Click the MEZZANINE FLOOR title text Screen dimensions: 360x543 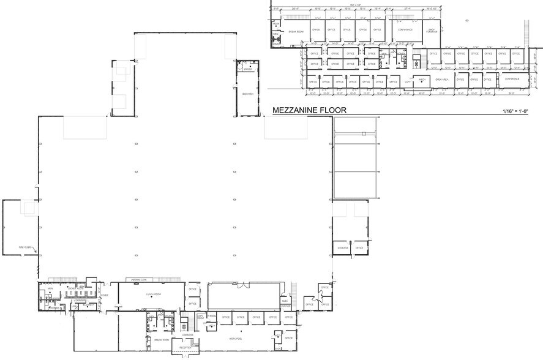(x=309, y=110)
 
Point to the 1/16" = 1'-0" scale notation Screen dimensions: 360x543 (x=519, y=111)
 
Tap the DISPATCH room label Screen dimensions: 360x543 (x=248, y=94)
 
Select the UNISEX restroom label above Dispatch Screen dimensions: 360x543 (x=248, y=70)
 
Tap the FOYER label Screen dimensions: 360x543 (x=105, y=294)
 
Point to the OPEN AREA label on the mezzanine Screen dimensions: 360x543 (x=442, y=80)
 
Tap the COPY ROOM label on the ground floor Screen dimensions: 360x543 (x=200, y=317)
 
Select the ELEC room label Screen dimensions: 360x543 (x=285, y=301)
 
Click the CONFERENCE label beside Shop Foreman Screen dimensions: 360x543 (x=405, y=29)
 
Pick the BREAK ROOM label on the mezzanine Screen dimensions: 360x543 (x=297, y=29)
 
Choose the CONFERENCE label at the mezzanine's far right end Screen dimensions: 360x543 (x=511, y=79)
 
